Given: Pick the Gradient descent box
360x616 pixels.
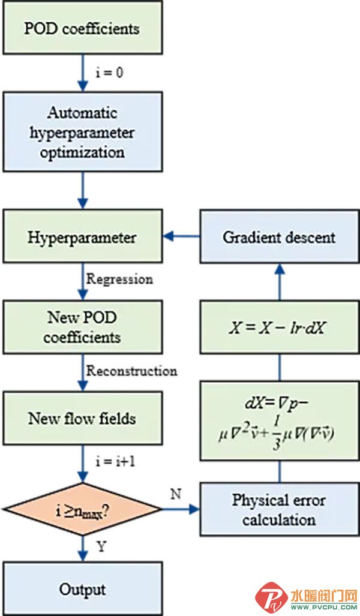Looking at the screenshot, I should click(279, 238).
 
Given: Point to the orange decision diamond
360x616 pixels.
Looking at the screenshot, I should click(82, 510).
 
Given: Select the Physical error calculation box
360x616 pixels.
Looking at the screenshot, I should click(279, 510).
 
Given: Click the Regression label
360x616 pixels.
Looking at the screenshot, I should click(119, 280).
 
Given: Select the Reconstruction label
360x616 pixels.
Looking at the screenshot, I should click(131, 371).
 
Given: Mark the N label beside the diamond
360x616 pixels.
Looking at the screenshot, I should click(175, 495).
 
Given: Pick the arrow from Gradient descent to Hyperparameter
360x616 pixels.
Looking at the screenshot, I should click(182, 238).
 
